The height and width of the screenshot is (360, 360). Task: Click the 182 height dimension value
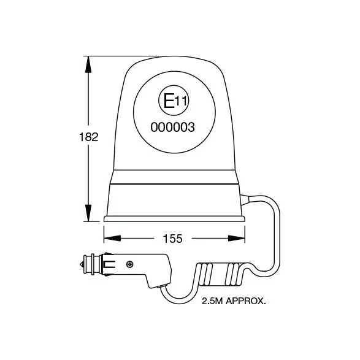(x=89, y=137)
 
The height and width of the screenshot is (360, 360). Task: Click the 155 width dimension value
(x=173, y=239)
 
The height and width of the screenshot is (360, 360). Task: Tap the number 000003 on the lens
(x=173, y=127)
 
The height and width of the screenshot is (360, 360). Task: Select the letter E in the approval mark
(x=169, y=101)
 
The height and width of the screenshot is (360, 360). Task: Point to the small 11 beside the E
(x=181, y=101)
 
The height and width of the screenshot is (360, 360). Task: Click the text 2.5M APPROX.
(x=234, y=301)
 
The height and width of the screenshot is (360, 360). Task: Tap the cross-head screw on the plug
(x=130, y=264)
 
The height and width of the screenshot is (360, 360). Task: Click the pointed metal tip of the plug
(x=82, y=264)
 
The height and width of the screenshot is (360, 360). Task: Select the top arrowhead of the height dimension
(x=88, y=64)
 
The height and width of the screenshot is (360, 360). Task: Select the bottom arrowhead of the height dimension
(x=88, y=213)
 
